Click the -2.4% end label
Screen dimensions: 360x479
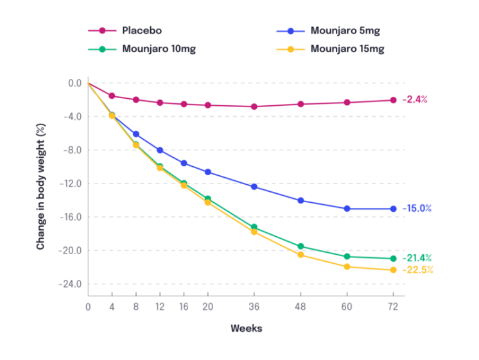(x=415, y=99)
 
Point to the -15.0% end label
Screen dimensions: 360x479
(x=417, y=209)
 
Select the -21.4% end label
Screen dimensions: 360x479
(x=417, y=258)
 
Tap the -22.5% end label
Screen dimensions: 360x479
(x=417, y=270)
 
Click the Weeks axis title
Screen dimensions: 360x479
(x=247, y=328)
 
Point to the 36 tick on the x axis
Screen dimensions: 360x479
(x=254, y=307)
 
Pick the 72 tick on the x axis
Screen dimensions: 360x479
(x=392, y=307)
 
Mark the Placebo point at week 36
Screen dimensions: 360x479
(x=254, y=107)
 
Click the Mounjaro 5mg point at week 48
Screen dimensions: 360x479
(x=300, y=200)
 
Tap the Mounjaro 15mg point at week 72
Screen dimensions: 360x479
(x=393, y=270)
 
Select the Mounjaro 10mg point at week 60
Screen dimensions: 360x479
(x=347, y=257)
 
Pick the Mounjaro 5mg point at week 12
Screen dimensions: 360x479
(x=160, y=150)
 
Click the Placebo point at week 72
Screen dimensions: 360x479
(x=393, y=100)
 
